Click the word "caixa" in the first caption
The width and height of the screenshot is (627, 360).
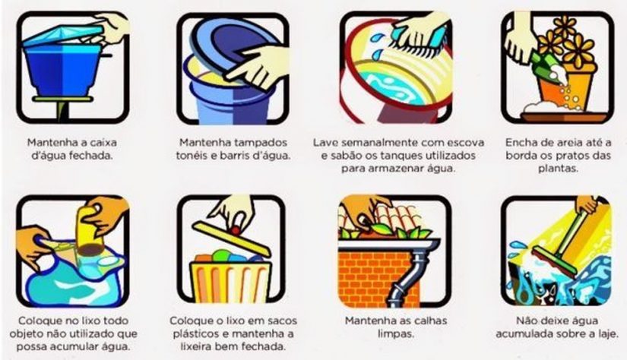click(103, 142)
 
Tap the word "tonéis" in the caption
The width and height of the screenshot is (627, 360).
click(191, 156)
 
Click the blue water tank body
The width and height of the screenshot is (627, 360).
click(63, 70)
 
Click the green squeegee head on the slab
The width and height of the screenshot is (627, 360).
click(555, 261)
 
